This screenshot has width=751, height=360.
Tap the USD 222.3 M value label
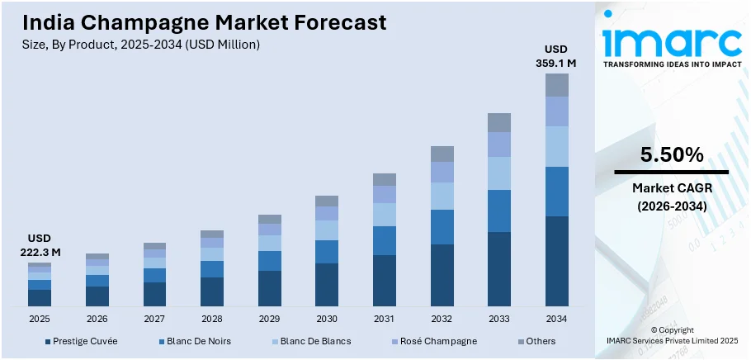point(39,245)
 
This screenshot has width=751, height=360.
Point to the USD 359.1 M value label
point(557,55)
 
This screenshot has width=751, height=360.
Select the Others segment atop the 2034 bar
point(557,85)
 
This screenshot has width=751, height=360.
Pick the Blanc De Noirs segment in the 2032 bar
point(442,227)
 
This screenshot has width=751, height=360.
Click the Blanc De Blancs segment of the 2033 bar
point(499,173)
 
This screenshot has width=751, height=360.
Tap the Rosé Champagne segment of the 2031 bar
point(385,194)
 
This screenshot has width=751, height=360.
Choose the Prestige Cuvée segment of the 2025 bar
point(40,298)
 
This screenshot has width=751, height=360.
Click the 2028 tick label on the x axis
point(212,319)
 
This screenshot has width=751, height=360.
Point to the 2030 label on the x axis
point(327,319)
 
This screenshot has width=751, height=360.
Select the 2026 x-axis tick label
point(97,319)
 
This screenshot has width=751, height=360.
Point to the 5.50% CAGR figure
point(671,155)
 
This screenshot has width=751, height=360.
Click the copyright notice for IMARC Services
point(671,334)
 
